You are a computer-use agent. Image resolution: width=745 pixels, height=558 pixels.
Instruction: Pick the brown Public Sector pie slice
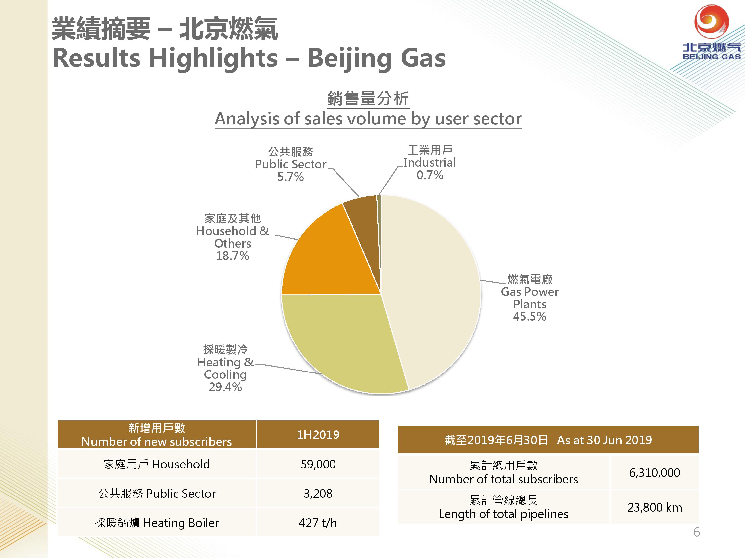click(x=364, y=229)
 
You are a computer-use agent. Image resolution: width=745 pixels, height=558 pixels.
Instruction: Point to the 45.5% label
click(x=529, y=316)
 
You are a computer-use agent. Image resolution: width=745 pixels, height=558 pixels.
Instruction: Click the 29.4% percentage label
click(x=225, y=387)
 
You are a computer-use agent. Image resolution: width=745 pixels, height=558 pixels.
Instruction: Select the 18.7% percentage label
click(x=232, y=256)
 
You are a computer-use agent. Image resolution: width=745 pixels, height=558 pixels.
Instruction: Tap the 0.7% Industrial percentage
click(x=430, y=175)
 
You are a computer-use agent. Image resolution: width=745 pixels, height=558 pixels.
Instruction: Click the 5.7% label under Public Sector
click(x=291, y=177)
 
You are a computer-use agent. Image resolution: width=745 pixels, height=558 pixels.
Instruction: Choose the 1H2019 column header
click(x=318, y=434)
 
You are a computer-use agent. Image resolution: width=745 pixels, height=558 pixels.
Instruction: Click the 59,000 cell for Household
click(x=318, y=464)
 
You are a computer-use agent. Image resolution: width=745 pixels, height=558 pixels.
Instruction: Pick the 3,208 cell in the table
click(x=318, y=494)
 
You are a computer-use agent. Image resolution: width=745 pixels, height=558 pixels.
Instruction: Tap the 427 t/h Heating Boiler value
click(x=318, y=523)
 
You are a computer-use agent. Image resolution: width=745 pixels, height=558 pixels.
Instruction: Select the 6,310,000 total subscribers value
click(x=654, y=473)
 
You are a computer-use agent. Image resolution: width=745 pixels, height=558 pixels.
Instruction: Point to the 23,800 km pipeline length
click(x=654, y=507)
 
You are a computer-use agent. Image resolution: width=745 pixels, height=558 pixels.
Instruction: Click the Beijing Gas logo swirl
click(x=711, y=21)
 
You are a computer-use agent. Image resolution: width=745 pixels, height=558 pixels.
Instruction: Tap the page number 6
click(x=697, y=532)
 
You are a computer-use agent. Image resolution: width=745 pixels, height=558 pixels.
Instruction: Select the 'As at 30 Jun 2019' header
click(x=604, y=440)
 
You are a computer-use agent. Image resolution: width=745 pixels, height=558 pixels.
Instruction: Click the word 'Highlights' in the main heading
click(x=213, y=58)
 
